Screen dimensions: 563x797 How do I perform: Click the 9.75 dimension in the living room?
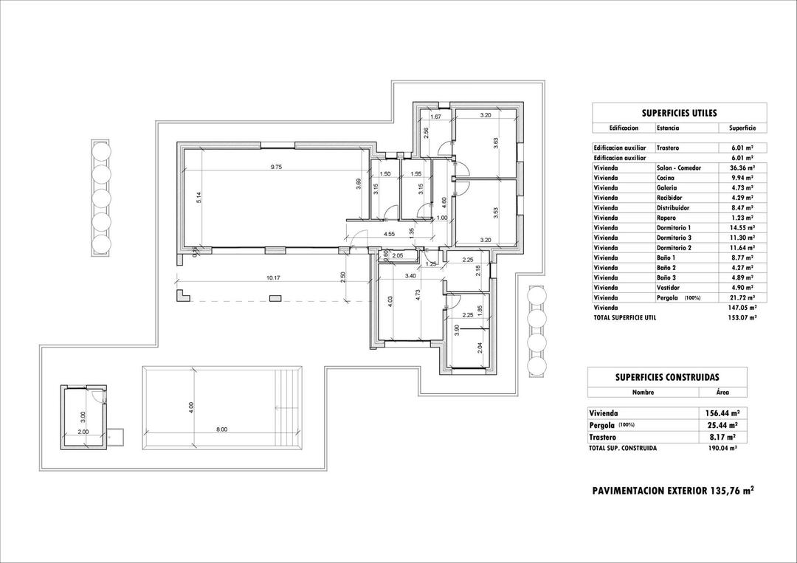coord(277,167)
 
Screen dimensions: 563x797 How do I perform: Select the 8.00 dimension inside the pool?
coord(221,429)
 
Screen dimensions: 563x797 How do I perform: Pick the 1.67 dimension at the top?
coord(435,117)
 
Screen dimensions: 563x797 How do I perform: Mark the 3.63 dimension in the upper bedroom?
coord(496,144)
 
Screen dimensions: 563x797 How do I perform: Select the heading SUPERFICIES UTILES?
coord(679,113)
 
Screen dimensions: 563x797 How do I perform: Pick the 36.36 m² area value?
coord(741,168)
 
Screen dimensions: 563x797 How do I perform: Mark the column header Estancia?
coord(668,128)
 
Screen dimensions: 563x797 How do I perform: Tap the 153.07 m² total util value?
coord(742,317)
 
